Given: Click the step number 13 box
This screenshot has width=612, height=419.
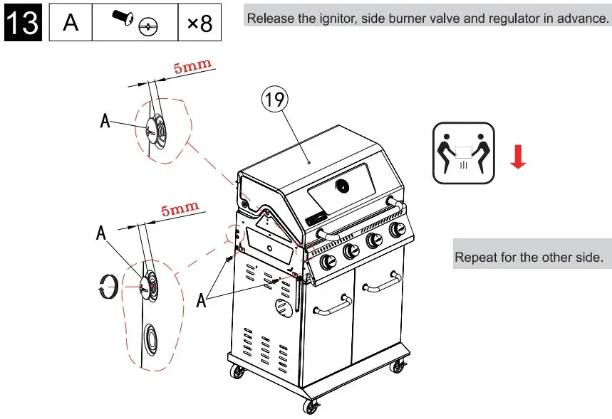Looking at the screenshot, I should [23, 22].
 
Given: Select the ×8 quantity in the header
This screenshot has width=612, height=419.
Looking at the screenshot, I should [199, 23].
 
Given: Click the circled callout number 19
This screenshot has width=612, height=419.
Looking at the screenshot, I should [275, 100].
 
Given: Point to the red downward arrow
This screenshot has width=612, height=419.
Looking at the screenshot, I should [518, 157].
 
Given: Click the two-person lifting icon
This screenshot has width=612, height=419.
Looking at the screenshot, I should [462, 152].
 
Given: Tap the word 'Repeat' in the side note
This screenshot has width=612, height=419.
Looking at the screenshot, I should [477, 257].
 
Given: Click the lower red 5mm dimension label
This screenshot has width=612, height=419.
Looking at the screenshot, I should [180, 211].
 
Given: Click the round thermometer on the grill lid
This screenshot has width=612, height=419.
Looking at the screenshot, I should [343, 186].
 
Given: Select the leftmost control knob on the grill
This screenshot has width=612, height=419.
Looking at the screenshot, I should [328, 262].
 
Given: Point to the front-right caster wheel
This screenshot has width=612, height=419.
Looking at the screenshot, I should [398, 366].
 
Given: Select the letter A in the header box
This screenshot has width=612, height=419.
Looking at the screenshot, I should [71, 23].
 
